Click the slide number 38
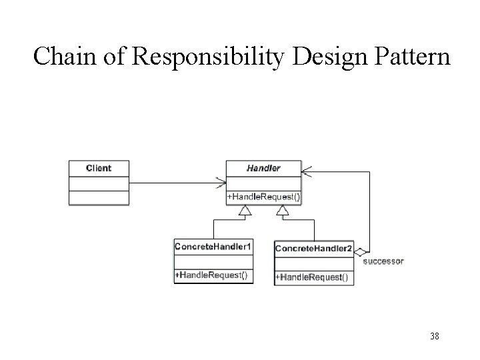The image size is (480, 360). pos(434,337)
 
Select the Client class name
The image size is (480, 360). pos(99,168)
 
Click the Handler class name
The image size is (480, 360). pos(263,168)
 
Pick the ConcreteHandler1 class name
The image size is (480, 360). pos(213,247)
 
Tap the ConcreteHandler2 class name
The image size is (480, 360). pos(314,248)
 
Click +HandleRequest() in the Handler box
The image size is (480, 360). pos(263,197)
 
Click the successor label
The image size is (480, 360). pos(383,261)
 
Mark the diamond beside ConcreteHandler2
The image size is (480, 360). pos(360,251)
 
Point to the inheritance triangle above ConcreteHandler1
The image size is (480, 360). pos(245,211)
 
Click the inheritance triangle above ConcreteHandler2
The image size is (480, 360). pos(283,211)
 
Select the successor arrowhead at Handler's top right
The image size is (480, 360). pos(306,172)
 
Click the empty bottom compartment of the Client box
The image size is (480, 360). pos(99,197)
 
